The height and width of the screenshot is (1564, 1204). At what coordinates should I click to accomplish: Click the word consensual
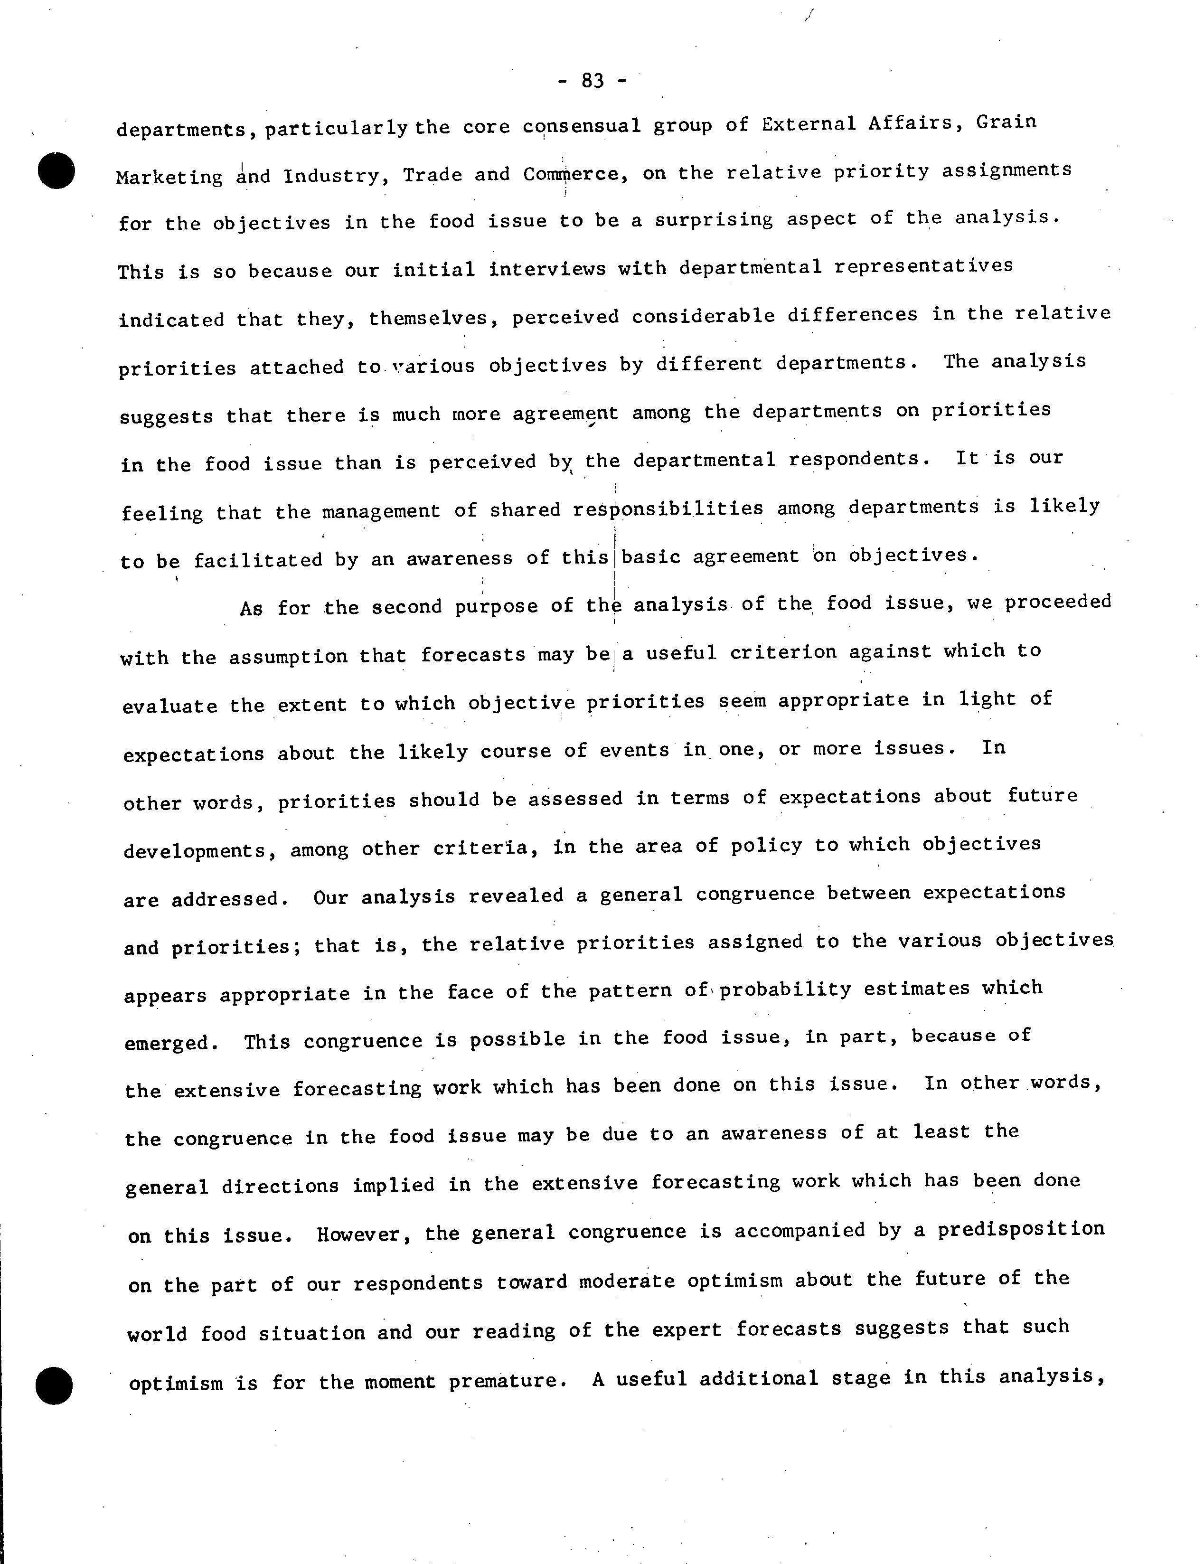pyautogui.click(x=581, y=126)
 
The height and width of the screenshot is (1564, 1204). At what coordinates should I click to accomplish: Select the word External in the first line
pyautogui.click(x=808, y=124)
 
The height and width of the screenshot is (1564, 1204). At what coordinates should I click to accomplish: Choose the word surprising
pyautogui.click(x=714, y=220)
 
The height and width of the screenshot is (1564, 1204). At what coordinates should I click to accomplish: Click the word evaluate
pyautogui.click(x=170, y=706)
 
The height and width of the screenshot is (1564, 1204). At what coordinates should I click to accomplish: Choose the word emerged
pyautogui.click(x=170, y=1043)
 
